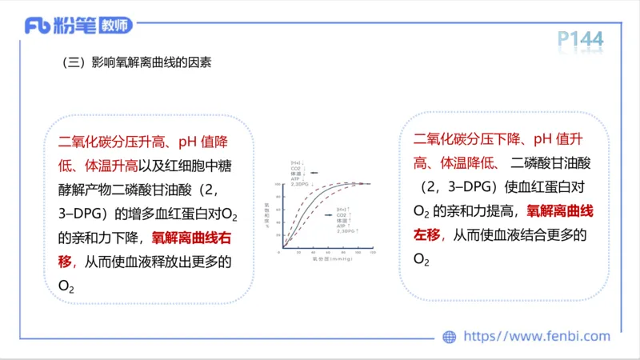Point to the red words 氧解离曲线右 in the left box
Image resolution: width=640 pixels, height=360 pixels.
tap(191, 238)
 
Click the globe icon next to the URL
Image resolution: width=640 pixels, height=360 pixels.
tap(449, 337)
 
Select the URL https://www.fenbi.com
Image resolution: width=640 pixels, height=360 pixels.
tap(537, 337)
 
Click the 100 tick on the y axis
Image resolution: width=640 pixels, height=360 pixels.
tap(277, 184)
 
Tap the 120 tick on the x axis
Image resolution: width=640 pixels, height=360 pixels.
tap(373, 253)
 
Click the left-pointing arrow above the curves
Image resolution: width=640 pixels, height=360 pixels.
tap(314, 172)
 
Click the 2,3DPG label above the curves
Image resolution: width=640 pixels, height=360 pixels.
tap(300, 184)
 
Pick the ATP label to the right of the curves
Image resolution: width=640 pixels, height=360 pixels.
tap(342, 226)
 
